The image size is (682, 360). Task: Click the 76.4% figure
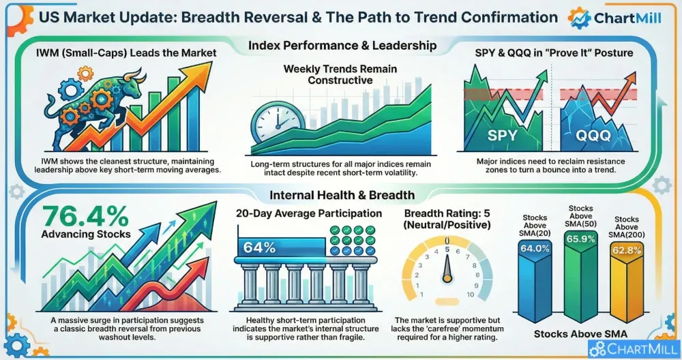[86, 216]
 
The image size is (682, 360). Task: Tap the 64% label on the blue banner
[259, 247]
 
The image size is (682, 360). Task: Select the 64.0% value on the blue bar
[535, 249]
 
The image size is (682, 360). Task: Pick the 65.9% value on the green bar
[580, 239]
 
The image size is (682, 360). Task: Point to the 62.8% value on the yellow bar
[627, 250]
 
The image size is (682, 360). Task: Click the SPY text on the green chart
[503, 135]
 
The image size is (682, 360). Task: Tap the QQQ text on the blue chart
[593, 135]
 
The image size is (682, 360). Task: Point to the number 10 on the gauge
[470, 295]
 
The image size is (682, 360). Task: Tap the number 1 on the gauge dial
[421, 295]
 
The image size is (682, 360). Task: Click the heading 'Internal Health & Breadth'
[342, 195]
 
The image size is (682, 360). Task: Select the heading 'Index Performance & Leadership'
[342, 45]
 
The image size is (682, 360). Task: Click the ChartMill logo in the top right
[614, 18]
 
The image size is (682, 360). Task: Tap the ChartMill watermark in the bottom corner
[634, 349]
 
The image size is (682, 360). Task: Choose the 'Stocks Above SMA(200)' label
[627, 227]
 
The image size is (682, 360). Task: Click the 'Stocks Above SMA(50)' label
[580, 216]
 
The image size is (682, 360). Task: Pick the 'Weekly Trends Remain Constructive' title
[340, 74]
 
